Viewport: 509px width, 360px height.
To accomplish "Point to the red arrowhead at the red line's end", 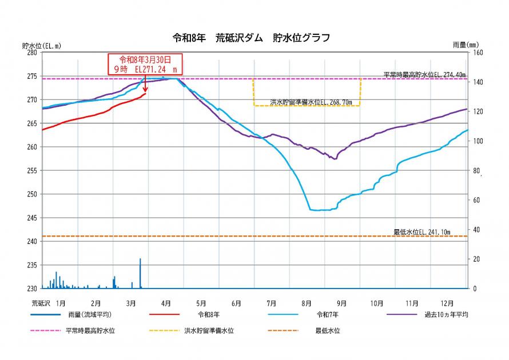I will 145,90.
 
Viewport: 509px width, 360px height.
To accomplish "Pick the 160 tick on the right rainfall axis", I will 476,53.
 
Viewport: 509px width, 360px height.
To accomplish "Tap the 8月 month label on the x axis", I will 306,302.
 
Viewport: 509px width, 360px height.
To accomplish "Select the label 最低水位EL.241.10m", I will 422,232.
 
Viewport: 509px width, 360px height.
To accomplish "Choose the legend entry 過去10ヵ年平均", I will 446,315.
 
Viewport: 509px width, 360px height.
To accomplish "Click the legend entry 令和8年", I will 209,315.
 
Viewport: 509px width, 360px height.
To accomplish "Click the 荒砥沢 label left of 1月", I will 41,302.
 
